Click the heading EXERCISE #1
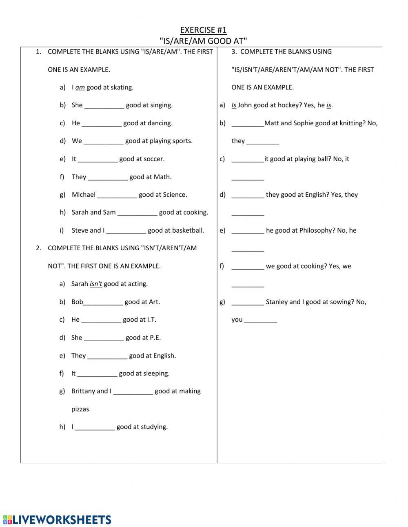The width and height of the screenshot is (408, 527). [203, 30]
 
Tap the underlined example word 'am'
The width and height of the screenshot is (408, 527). [80, 87]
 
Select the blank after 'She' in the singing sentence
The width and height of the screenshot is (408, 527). [104, 105]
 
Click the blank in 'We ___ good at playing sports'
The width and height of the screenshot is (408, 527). [104, 141]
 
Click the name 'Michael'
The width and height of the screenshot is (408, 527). [84, 195]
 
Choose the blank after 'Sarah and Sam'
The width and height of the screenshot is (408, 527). [137, 213]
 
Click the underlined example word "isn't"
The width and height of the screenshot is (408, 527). [96, 284]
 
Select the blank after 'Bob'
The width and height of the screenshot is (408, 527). [103, 302]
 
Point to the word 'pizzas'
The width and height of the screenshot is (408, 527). [81, 409]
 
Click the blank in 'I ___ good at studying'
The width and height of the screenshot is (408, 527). [95, 427]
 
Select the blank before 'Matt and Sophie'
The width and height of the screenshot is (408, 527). [248, 124]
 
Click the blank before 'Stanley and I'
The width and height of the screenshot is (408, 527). [248, 302]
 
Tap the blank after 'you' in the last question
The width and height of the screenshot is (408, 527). [261, 320]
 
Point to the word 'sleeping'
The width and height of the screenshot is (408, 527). [156, 373]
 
